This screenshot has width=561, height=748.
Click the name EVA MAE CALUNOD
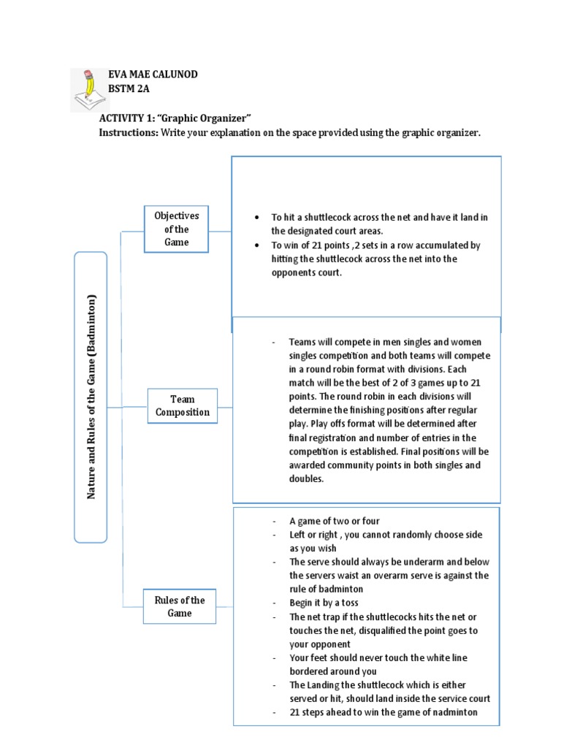point(153,75)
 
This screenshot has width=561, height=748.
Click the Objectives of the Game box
point(176,229)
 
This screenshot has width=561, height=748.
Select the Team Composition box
point(182,406)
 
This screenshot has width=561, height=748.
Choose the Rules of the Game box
point(180,606)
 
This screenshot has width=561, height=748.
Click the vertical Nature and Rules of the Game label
point(91,397)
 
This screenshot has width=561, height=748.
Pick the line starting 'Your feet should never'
point(378,657)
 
